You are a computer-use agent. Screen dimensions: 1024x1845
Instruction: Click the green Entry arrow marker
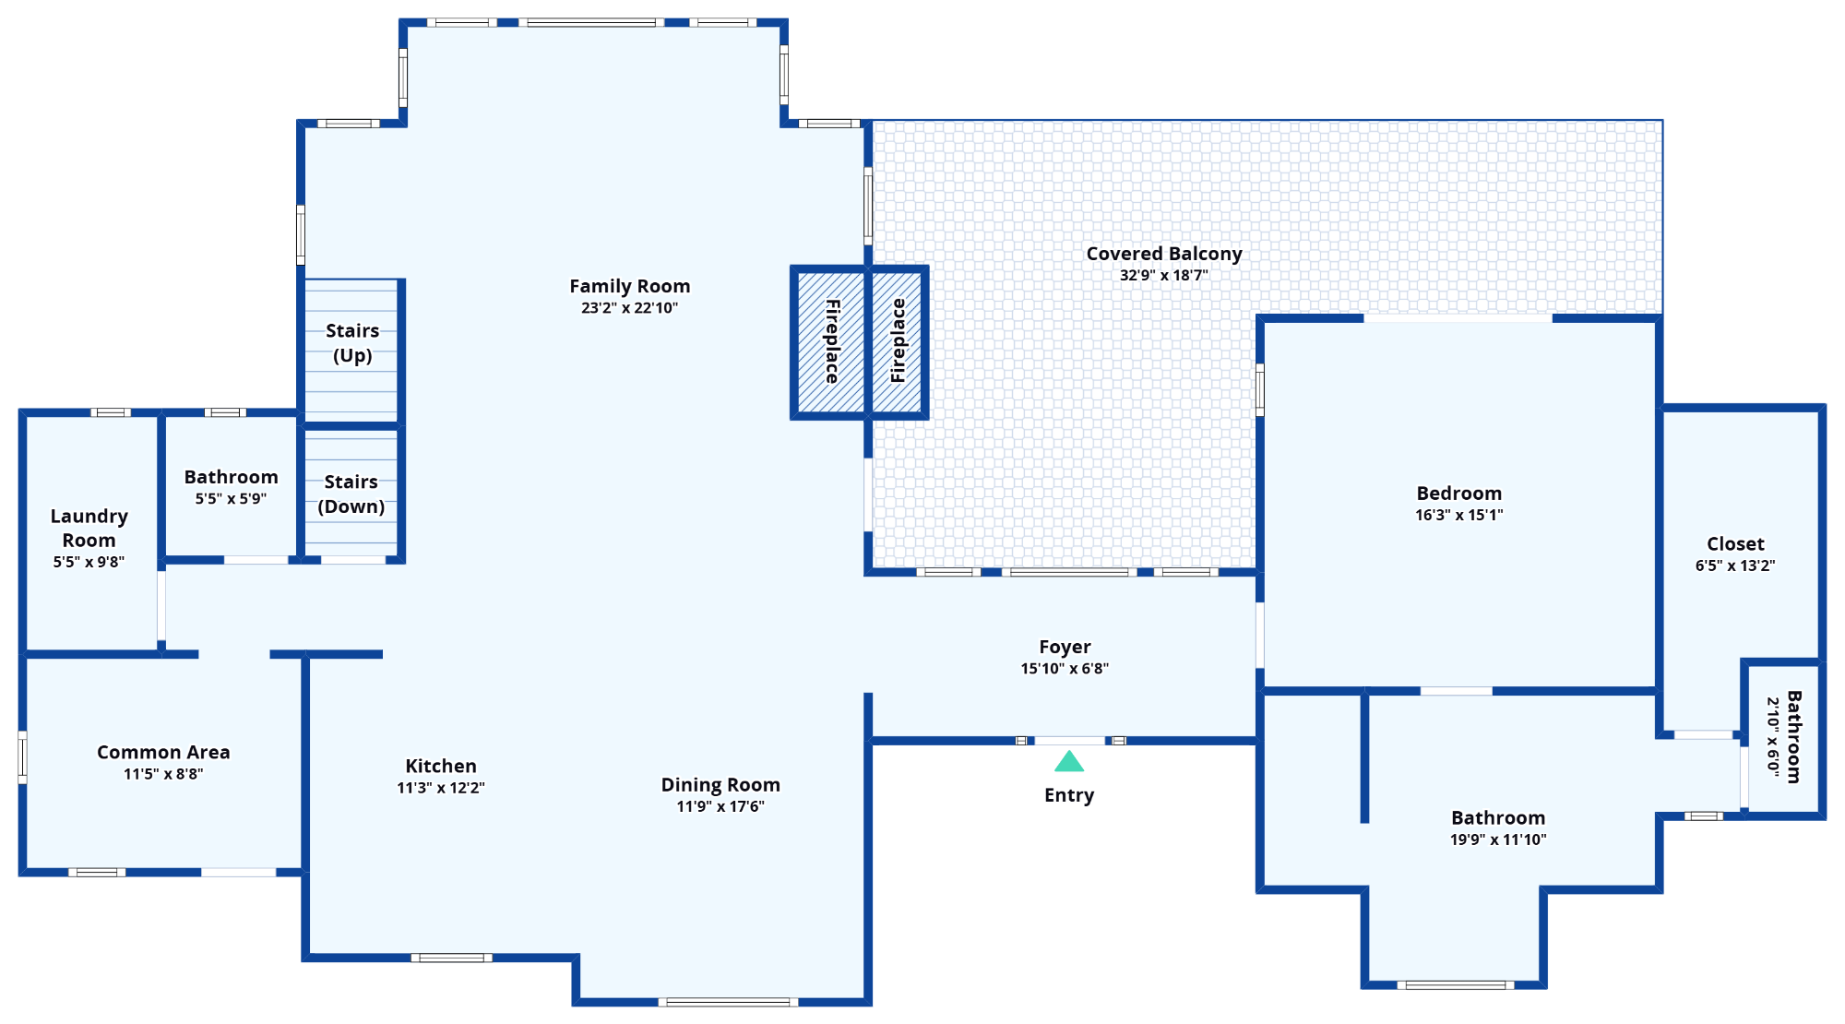tap(1069, 762)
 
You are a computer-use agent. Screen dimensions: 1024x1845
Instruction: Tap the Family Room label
tap(629, 287)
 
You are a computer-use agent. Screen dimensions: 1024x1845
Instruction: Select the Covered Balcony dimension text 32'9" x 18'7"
tap(1163, 276)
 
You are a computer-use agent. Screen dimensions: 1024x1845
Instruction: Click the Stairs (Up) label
tap(352, 343)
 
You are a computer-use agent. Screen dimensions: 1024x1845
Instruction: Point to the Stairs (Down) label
tap(351, 494)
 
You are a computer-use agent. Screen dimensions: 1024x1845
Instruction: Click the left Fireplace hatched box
tap(830, 342)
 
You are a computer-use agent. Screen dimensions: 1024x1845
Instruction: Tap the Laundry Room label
tap(89, 528)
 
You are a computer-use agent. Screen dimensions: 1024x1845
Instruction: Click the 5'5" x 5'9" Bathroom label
tap(231, 477)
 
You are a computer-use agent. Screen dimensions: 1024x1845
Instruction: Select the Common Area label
tap(163, 753)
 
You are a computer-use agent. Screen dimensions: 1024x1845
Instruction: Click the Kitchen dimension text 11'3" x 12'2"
tap(441, 788)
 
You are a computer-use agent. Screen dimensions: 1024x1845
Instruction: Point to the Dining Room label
tap(720, 785)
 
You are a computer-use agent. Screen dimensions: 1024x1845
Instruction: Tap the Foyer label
tap(1065, 648)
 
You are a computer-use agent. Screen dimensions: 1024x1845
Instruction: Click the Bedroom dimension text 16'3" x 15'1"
tap(1458, 516)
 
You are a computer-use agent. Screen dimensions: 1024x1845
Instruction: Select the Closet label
tap(1734, 544)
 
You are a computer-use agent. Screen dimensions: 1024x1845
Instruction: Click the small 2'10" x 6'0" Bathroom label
tap(1793, 736)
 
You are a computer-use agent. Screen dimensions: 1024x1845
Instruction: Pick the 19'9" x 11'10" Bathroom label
tap(1497, 818)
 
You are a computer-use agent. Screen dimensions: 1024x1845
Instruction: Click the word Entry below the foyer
tap(1069, 795)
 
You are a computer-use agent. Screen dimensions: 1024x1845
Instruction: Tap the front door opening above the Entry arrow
tap(1069, 741)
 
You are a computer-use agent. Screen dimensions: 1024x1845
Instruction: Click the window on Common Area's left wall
tap(23, 757)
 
